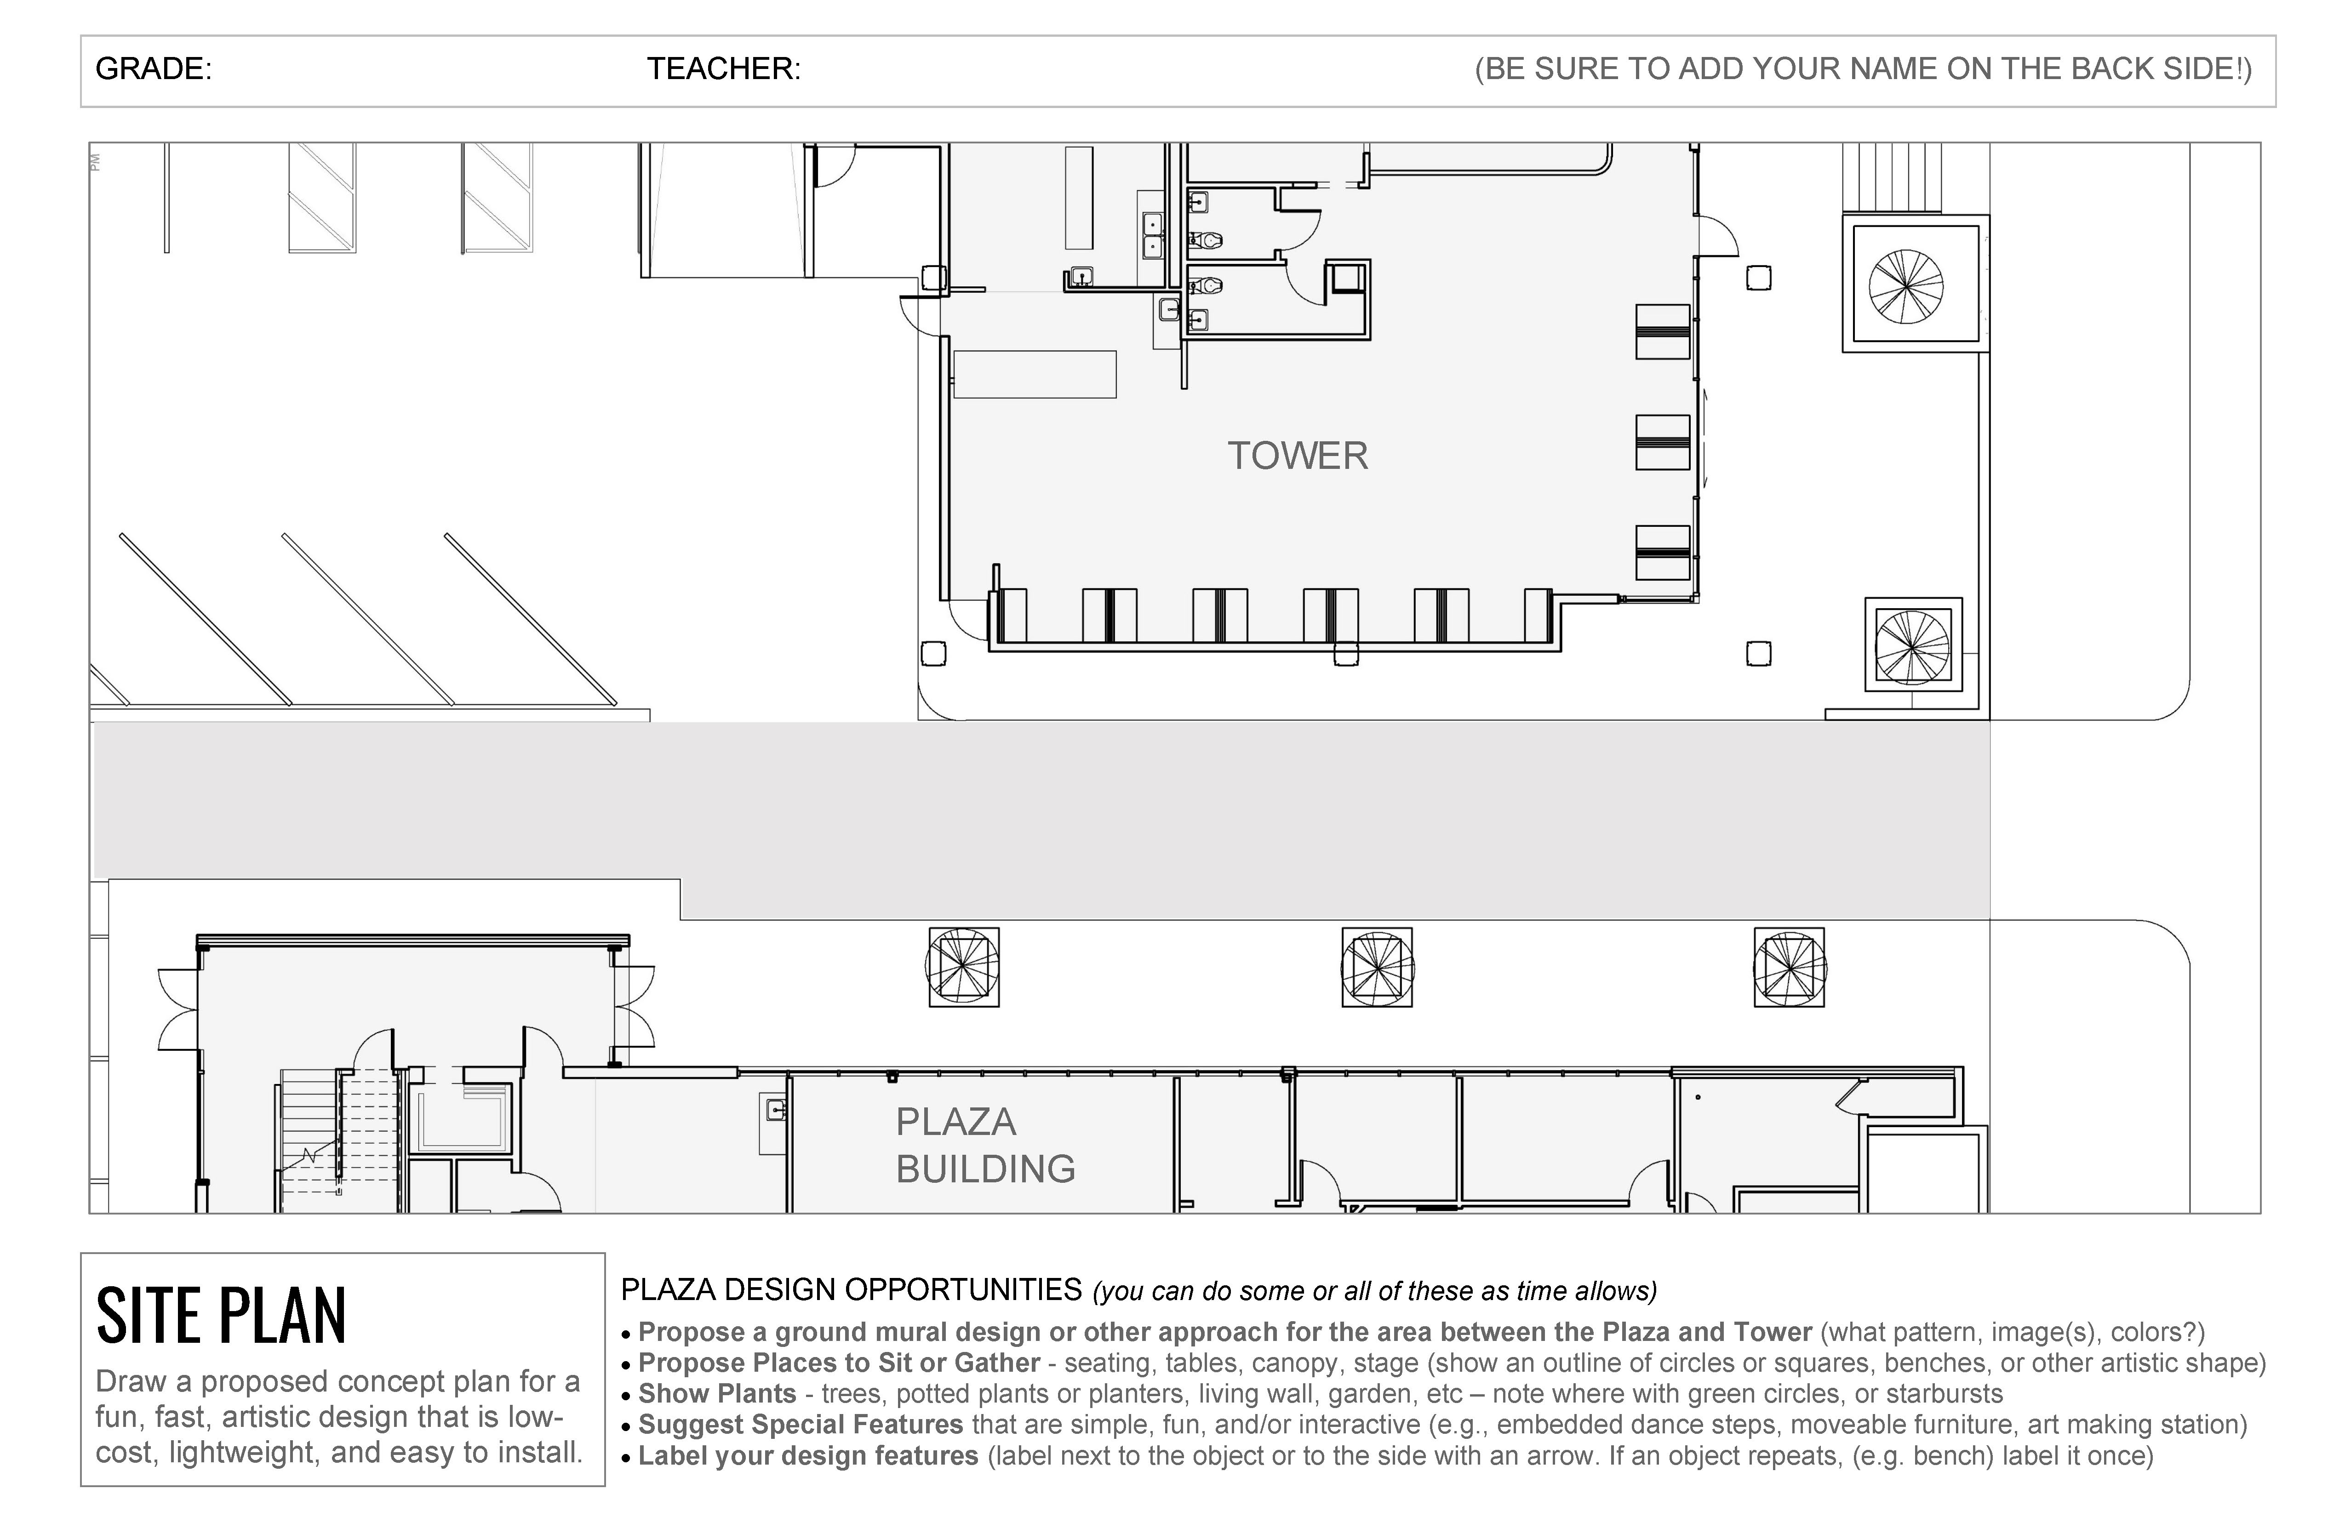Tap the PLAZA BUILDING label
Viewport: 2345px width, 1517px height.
(985, 1145)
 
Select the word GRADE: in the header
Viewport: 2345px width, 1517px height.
(153, 69)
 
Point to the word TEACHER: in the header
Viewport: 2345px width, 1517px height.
(723, 69)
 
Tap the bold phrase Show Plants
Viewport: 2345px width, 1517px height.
(717, 1394)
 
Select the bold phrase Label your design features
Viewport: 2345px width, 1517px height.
(808, 1456)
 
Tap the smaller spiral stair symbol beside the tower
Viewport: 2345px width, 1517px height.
(1912, 645)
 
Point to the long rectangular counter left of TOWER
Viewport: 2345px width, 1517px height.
(1035, 374)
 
